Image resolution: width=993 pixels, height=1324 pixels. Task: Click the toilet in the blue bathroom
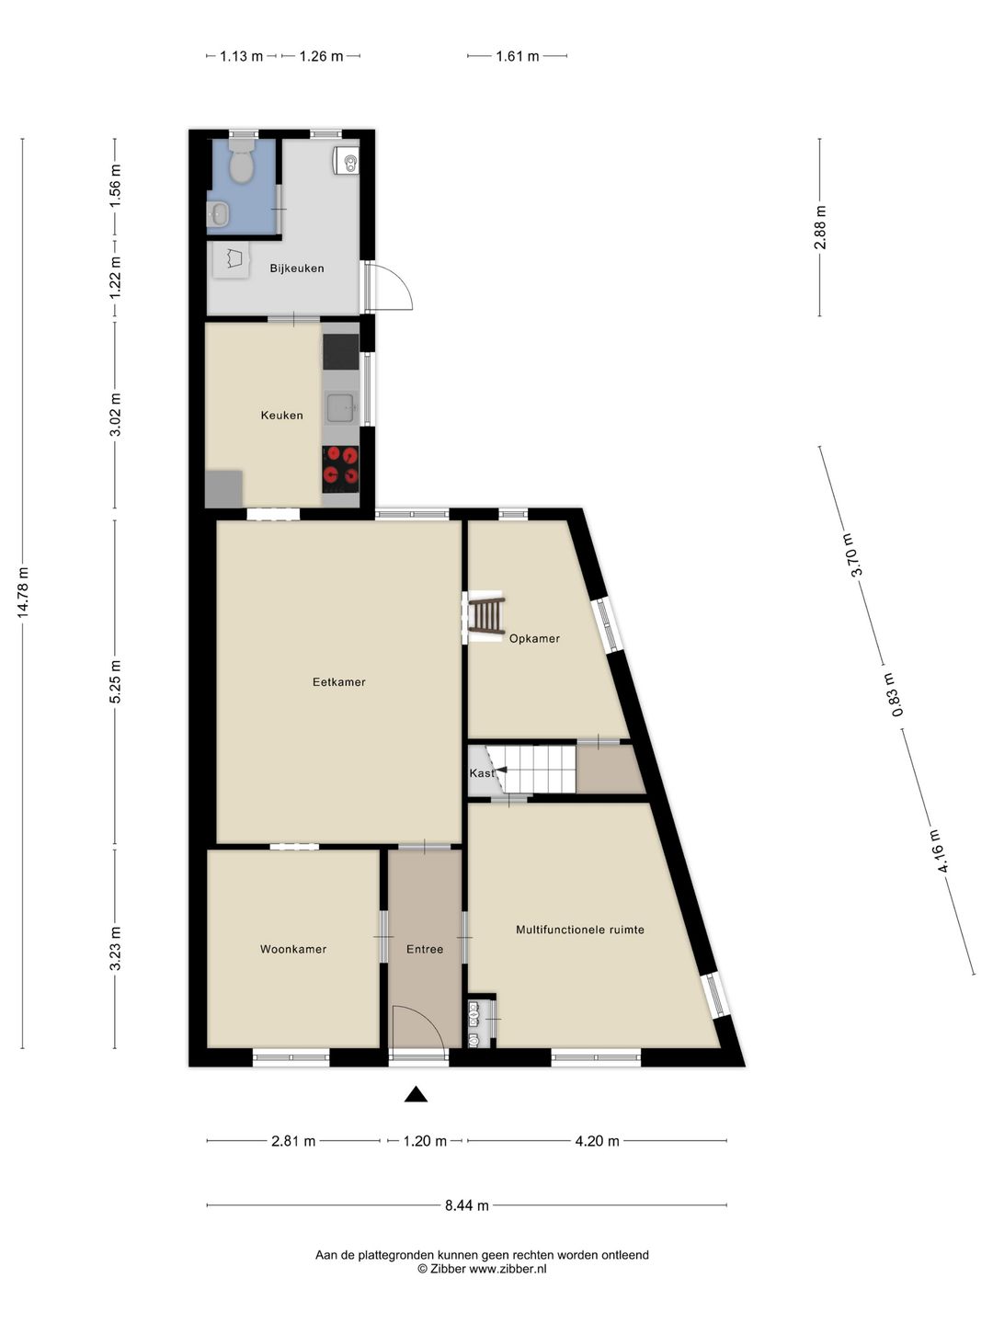point(242,164)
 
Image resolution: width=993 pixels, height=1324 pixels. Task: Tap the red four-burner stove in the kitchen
point(340,464)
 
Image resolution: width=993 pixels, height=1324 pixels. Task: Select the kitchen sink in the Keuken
point(341,405)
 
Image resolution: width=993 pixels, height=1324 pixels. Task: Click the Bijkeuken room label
point(296,268)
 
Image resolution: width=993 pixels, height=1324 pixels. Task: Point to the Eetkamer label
point(338,682)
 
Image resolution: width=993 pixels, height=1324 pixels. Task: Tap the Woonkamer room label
point(292,949)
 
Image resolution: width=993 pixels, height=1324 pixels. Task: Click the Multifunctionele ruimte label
point(579,930)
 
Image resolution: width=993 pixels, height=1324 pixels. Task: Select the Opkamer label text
point(534,638)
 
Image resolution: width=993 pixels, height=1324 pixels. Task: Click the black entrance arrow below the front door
point(417,1094)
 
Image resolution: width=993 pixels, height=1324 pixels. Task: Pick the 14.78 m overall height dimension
point(23,593)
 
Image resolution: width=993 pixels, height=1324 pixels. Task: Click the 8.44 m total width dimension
point(466,1205)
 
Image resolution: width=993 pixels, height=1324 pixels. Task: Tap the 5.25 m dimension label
point(115,681)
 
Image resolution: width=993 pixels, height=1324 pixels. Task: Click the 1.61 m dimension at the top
point(517,56)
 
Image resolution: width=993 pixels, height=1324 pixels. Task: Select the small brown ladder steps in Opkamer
point(485,615)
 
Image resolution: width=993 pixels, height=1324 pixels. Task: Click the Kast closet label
point(481,773)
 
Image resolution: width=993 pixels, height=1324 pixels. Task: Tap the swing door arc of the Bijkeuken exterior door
point(395,287)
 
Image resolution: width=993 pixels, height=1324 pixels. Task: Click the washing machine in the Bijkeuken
point(231,259)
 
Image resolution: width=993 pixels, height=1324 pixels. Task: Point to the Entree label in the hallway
point(425,949)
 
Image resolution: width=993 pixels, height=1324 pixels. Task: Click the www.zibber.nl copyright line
point(482,1269)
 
